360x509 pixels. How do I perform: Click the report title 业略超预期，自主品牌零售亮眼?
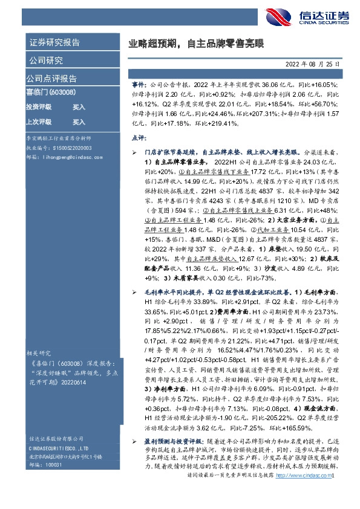click(197, 44)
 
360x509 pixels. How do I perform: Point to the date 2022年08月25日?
click(313, 63)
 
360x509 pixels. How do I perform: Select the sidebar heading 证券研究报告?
click(55, 43)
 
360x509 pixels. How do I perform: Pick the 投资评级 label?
click(38, 106)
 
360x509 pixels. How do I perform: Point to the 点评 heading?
click(139, 138)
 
